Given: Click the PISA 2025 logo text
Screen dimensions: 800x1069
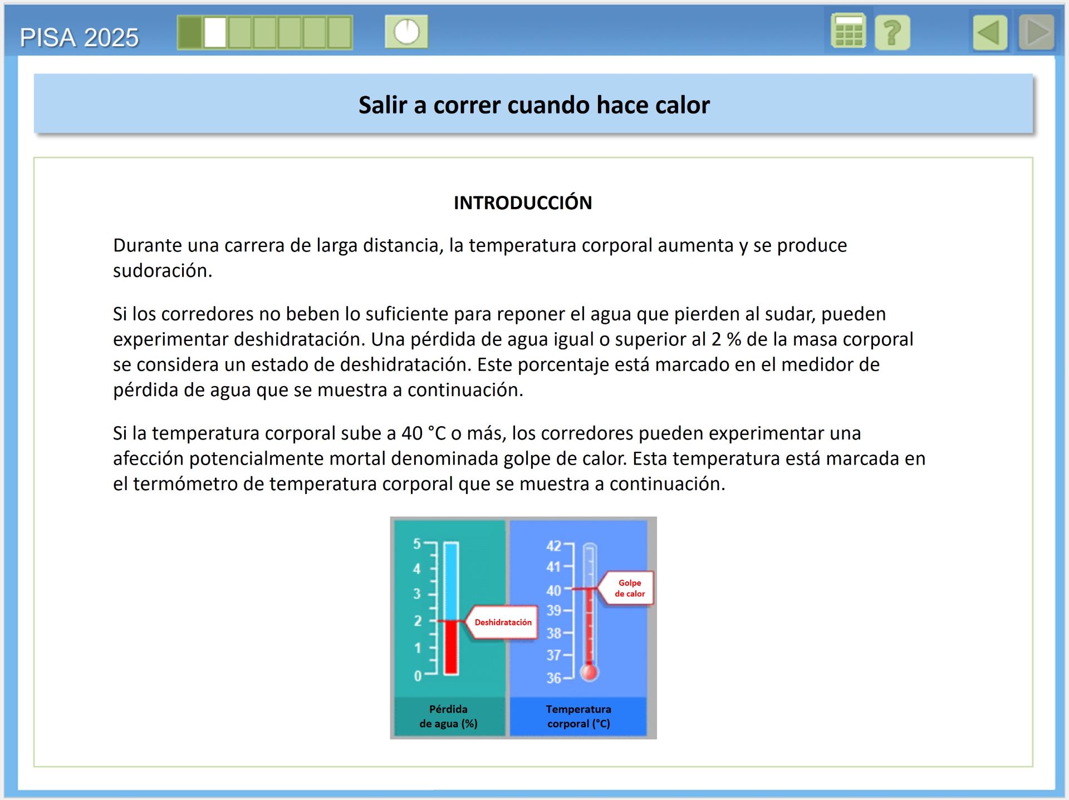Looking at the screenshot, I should tap(79, 37).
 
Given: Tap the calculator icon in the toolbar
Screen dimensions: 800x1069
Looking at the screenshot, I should tap(848, 32).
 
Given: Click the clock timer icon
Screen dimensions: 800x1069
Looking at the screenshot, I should tap(406, 32).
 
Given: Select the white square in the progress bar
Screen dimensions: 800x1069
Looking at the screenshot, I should tap(215, 32).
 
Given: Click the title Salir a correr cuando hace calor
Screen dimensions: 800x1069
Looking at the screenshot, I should tap(533, 105).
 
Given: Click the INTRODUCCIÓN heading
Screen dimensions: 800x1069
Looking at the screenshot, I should tap(522, 203).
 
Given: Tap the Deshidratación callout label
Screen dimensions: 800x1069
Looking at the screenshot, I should tap(503, 622).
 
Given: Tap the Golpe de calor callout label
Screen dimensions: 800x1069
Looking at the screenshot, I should tap(629, 588).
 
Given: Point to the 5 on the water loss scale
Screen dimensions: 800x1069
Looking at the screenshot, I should tap(416, 544).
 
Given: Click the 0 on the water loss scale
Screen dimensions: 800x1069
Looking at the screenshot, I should tap(418, 676).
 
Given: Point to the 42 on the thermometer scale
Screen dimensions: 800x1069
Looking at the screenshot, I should tap(553, 546).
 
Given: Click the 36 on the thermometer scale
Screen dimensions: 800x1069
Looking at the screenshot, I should tap(553, 678).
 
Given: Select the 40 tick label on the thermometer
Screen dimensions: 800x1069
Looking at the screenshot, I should tap(553, 590).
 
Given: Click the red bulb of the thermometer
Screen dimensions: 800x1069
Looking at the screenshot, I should tap(589, 672).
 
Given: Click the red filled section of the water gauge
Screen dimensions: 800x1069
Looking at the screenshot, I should tap(451, 647).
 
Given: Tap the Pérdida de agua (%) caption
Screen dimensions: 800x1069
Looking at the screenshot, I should tap(448, 716).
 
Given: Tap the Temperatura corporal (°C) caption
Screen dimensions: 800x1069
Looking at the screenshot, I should tap(578, 716).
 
